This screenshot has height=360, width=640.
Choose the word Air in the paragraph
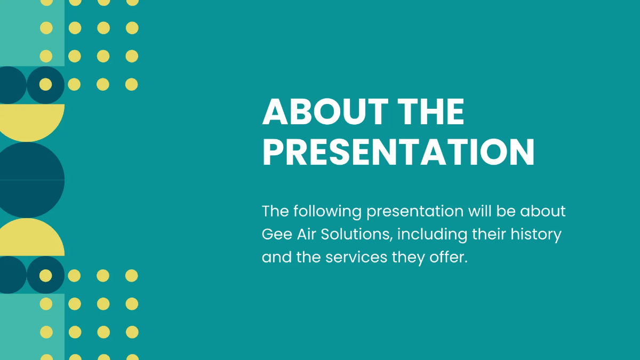pyautogui.click(x=303, y=234)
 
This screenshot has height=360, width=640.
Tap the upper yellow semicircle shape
pyautogui.click(x=32, y=120)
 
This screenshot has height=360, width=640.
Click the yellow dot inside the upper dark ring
pyautogui.click(x=46, y=84)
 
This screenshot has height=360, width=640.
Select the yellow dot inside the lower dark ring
pyautogui.click(x=46, y=275)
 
